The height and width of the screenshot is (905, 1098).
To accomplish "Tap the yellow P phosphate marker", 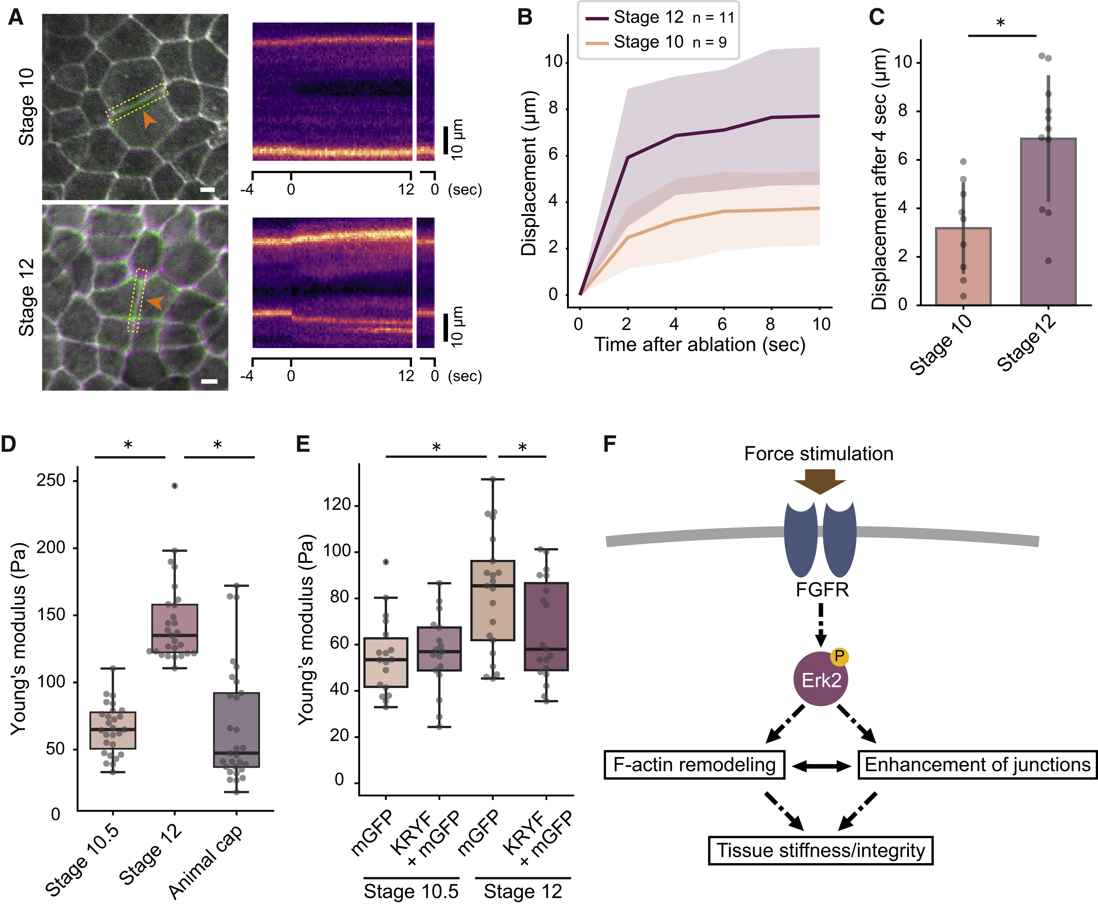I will tap(839, 656).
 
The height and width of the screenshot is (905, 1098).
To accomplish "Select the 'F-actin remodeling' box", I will tap(694, 765).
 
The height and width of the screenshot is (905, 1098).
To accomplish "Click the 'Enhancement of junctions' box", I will tap(977, 765).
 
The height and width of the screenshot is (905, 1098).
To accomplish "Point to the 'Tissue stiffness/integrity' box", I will tap(820, 850).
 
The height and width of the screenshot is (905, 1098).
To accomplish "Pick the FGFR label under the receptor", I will tap(822, 590).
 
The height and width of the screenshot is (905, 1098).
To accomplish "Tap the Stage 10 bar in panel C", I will tap(963, 266).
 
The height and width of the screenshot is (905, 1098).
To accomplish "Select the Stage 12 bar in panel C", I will tap(1048, 221).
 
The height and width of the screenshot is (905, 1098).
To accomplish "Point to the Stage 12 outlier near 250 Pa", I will tap(175, 485).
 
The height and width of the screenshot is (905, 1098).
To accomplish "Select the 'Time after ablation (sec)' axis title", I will tap(700, 345).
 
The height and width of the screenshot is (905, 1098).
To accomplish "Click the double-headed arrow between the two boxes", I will tap(821, 766).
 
